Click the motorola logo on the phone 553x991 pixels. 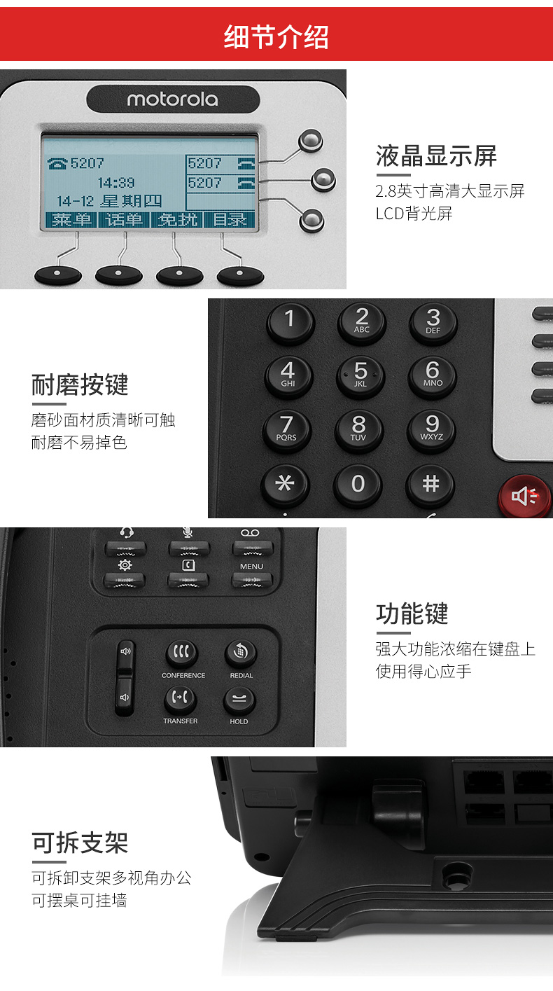[x=172, y=99]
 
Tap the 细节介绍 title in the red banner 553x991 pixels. [x=276, y=36]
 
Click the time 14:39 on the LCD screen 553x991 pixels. [x=115, y=183]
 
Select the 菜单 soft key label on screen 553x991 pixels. [x=72, y=219]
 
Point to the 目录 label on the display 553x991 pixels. [x=230, y=219]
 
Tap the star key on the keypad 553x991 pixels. [x=285, y=484]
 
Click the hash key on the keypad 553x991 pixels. [x=430, y=484]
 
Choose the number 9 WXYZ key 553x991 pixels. [x=432, y=427]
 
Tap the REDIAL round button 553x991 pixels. [x=241, y=653]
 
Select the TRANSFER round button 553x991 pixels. [x=181, y=698]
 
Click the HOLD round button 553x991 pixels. [x=239, y=700]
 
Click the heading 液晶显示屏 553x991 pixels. [x=436, y=155]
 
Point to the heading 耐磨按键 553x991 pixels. [x=80, y=384]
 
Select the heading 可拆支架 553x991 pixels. [x=80, y=843]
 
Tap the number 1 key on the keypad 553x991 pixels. [x=289, y=320]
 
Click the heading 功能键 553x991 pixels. [x=412, y=614]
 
